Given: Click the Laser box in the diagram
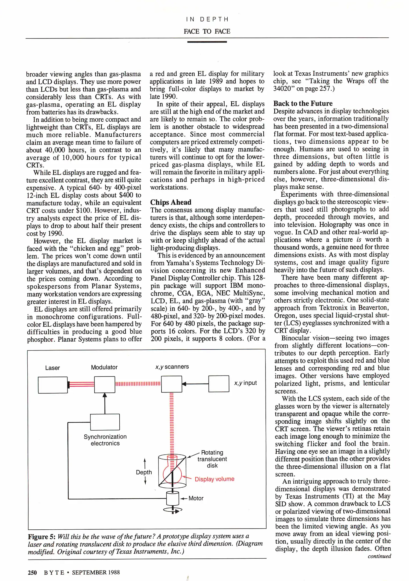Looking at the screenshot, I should (x=53, y=385).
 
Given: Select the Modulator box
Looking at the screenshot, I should (x=105, y=384).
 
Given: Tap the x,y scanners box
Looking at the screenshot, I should (x=171, y=384).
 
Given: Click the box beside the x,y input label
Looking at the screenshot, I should (x=219, y=384).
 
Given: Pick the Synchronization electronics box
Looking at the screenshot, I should (x=105, y=422).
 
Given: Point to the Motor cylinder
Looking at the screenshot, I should (x=173, y=498).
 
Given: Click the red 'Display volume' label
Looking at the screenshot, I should (x=214, y=479).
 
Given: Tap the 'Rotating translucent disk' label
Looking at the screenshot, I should (x=212, y=459).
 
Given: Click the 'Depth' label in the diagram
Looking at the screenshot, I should (x=144, y=472).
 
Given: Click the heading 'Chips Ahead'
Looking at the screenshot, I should (x=171, y=202).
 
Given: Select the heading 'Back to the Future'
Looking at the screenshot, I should (x=303, y=104).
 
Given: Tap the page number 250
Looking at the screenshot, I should (x=32, y=572).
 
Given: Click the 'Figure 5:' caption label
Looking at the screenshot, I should (x=42, y=537).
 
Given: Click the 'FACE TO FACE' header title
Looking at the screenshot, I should (x=207, y=31).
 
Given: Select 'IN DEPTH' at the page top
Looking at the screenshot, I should (x=207, y=19).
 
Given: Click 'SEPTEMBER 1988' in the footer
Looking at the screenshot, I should (x=96, y=572).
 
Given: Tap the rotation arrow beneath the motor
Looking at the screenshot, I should (x=173, y=510).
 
